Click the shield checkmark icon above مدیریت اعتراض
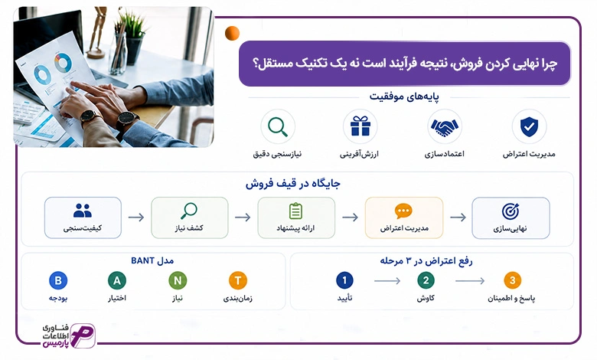pos(529,126)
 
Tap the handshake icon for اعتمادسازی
pos(445,127)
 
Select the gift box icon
pos(360,126)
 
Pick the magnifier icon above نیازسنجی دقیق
pos(278,127)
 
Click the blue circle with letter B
pos(58,280)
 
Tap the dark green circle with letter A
pos(117,280)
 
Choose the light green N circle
pos(178,280)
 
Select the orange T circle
pos(238,280)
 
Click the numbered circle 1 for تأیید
pos(344,280)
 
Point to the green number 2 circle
pos(426,280)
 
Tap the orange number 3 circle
pos(513,280)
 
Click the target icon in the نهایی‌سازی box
pos(511,211)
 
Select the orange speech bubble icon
pos(403,211)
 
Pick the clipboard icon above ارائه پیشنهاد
pos(296,211)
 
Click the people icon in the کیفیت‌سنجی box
pos(83,211)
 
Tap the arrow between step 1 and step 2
pos(387,281)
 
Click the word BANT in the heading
pos(142,260)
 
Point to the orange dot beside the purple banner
pos(232,33)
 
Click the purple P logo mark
pos(82,335)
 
